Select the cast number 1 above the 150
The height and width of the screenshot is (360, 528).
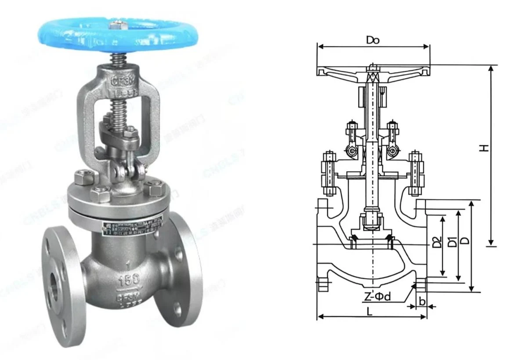[x=127, y=265]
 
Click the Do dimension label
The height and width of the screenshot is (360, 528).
[x=372, y=40]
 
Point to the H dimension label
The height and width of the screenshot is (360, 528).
[x=484, y=148]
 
